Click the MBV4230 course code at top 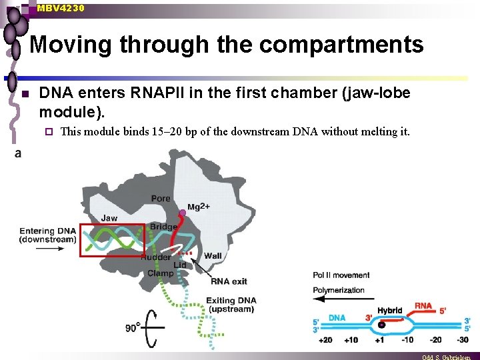61,8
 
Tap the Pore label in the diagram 161,198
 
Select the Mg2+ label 199,207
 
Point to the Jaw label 109,217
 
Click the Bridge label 163,227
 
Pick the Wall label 213,256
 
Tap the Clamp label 161,273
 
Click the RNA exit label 229,281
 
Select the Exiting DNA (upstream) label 231,305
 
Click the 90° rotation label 133,328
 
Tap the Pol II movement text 341,275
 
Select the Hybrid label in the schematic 390,311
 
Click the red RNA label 423,306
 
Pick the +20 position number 325,340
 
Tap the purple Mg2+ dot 183,213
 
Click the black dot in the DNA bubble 381,325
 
